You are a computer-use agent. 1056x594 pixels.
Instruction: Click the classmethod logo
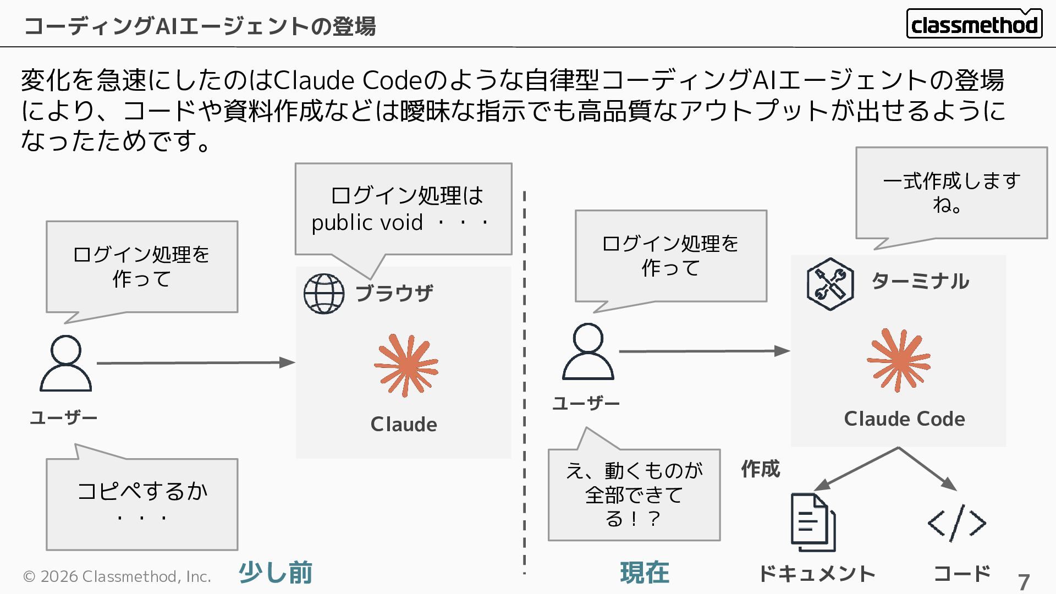[x=974, y=24]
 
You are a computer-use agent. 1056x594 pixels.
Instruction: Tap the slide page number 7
[x=1023, y=582]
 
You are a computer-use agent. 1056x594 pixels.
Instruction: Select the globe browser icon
[x=324, y=294]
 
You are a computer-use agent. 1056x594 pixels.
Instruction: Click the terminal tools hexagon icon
[x=830, y=284]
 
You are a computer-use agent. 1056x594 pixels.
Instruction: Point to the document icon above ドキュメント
[x=813, y=522]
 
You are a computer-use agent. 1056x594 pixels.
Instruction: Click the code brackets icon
[x=956, y=522]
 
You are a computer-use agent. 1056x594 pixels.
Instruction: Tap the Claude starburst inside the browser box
[x=406, y=365]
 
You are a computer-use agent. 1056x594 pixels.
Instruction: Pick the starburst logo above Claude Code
[x=899, y=360]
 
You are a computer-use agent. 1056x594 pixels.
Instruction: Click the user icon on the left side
[x=66, y=363]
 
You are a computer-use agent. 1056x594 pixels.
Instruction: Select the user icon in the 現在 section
[x=587, y=351]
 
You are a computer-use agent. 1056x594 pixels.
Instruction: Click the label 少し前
[x=276, y=573]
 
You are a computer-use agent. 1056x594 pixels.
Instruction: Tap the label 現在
[x=645, y=573]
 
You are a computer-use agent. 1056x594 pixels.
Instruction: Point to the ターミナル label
[x=920, y=281]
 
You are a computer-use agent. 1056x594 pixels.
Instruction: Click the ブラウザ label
[x=394, y=293]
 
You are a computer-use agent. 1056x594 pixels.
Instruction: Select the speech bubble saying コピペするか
[x=142, y=503]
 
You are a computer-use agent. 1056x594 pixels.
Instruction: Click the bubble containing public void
[x=403, y=209]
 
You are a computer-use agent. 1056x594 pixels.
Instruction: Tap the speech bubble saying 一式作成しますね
[x=951, y=193]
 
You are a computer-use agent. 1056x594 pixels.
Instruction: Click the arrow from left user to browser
[x=195, y=362]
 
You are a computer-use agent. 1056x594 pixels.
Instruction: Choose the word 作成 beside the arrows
[x=760, y=469]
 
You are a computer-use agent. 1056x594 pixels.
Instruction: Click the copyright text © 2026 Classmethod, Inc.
[x=117, y=576]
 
